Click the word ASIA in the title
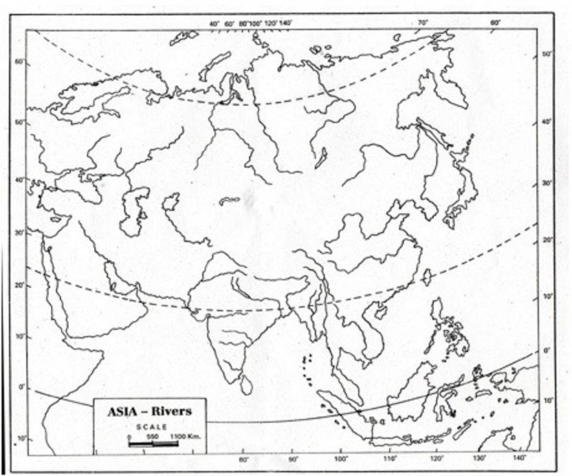coord(124,412)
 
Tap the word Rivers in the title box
coord(171,412)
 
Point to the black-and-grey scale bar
coord(153,444)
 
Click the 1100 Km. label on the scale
coord(181,436)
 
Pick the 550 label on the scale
coord(153,436)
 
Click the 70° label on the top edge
coord(422,22)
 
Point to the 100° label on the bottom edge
coord(340,458)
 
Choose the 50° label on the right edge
coord(547,54)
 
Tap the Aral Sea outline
coord(170,202)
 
